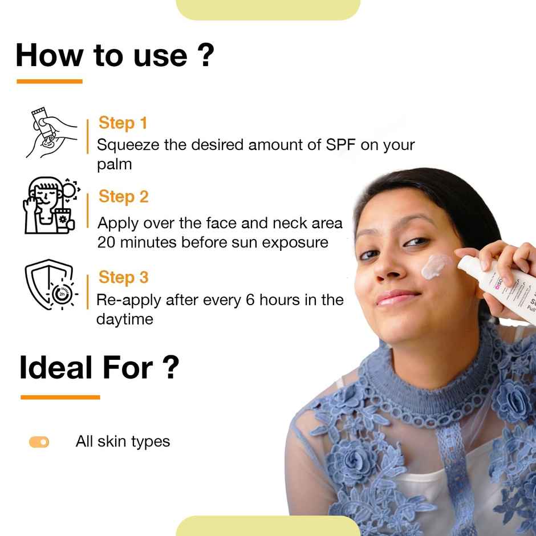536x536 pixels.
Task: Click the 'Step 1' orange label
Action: coord(123,123)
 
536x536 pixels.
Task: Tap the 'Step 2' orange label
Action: coord(123,197)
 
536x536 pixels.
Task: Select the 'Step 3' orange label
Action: coord(123,278)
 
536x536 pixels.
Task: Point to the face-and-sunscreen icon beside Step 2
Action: coord(50,205)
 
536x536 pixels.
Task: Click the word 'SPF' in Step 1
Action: coord(341,145)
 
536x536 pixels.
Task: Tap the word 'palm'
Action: coord(114,165)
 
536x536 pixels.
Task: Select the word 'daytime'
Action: coord(124,319)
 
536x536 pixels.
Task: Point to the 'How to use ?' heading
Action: coord(115,56)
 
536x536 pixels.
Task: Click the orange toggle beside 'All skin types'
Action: coord(39,442)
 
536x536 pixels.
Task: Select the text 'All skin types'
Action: coord(123,441)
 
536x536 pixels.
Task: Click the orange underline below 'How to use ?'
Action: coord(50,82)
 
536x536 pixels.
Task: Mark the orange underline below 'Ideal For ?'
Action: coord(60,397)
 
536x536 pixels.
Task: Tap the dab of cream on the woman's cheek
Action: coord(436,267)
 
